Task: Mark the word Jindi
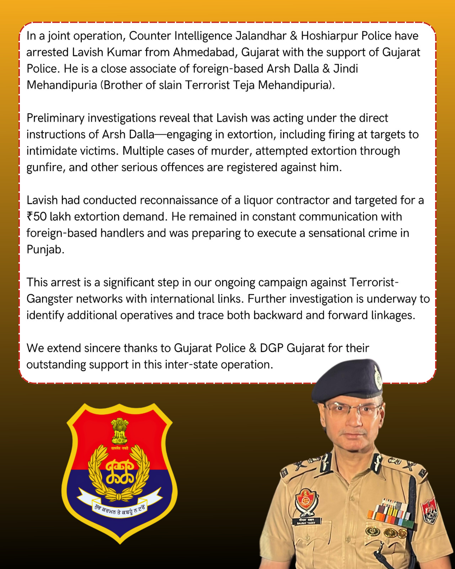tap(346, 69)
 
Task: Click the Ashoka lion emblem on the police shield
tap(119, 431)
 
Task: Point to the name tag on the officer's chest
tap(306, 521)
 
